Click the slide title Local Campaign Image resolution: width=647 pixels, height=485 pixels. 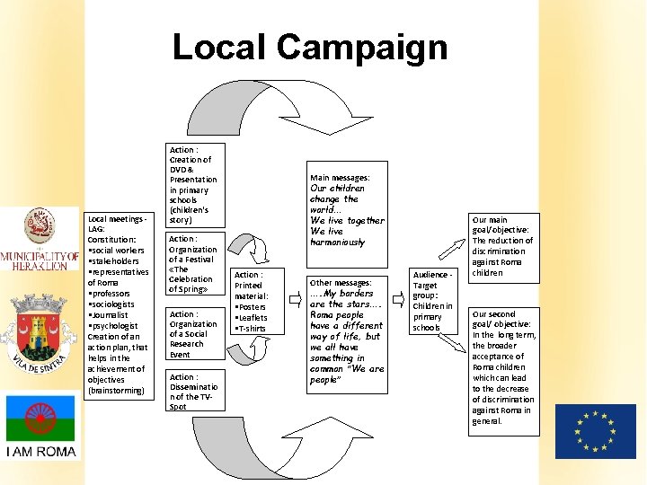pyautogui.click(x=309, y=47)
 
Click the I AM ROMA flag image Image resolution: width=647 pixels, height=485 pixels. pyautogui.click(x=41, y=427)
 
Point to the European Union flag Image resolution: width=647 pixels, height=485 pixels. pyautogui.click(x=595, y=430)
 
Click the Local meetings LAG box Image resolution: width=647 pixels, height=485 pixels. pyautogui.click(x=118, y=304)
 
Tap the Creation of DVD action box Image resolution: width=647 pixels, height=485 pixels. pyautogui.click(x=192, y=184)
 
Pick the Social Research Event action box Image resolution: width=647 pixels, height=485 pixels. pyautogui.click(x=192, y=334)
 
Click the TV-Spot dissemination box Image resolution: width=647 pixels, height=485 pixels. pyautogui.click(x=192, y=392)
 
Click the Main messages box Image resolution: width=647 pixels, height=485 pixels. pyautogui.click(x=347, y=210)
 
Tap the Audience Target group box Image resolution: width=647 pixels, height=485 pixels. pyautogui.click(x=434, y=301)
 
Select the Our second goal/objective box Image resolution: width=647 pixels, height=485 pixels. pyautogui.click(x=503, y=367)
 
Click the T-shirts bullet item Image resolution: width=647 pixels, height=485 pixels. pyautogui.click(x=252, y=329)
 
